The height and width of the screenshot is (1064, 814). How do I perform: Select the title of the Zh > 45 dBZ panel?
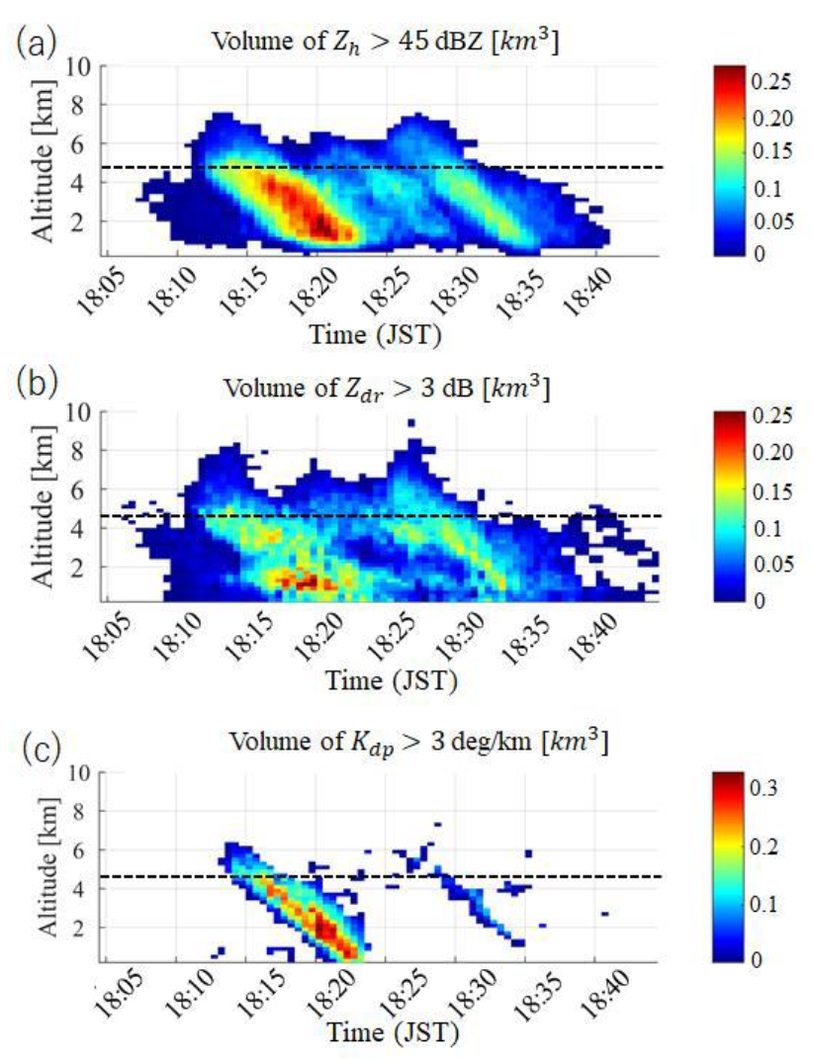pos(382,42)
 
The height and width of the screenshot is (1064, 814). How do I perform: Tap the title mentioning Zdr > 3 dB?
pos(382,386)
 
